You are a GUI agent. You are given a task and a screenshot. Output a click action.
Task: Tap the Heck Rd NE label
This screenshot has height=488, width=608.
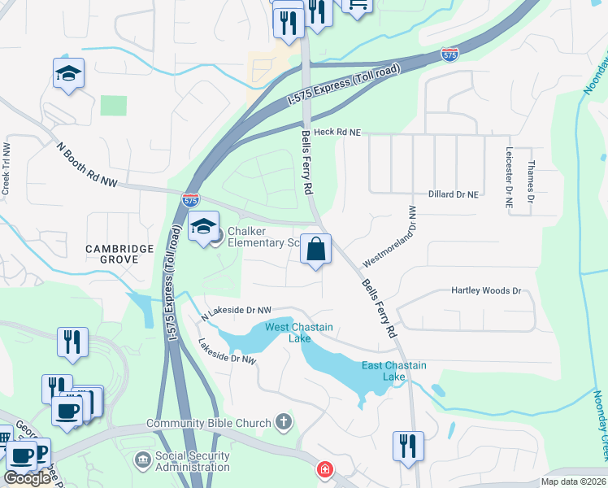pos(337,131)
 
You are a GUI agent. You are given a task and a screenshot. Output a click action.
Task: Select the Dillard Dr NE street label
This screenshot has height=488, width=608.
pos(454,195)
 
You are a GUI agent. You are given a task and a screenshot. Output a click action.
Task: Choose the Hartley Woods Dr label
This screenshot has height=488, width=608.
pos(486,290)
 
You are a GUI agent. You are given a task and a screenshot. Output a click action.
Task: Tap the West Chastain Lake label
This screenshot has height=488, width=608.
pos(300,333)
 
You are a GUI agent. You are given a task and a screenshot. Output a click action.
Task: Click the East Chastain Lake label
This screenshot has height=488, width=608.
pos(393,371)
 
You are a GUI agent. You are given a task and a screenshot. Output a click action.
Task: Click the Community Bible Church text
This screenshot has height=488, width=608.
pos(209,424)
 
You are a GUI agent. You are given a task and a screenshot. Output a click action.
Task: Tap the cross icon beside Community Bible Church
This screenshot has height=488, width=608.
pos(283,421)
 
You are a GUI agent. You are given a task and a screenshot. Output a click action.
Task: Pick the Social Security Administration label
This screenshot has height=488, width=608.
pos(193,461)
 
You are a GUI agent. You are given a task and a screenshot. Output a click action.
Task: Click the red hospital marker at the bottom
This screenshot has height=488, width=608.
pos(324,471)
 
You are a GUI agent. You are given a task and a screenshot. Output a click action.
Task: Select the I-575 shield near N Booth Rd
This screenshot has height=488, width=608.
pos(189,199)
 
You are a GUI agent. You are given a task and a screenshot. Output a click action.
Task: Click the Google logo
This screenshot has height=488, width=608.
pos(28,478)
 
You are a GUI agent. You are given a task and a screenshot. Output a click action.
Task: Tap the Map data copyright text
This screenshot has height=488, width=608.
pos(573,481)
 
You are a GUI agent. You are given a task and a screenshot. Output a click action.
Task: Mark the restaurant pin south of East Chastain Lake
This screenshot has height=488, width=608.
pos(408,447)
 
